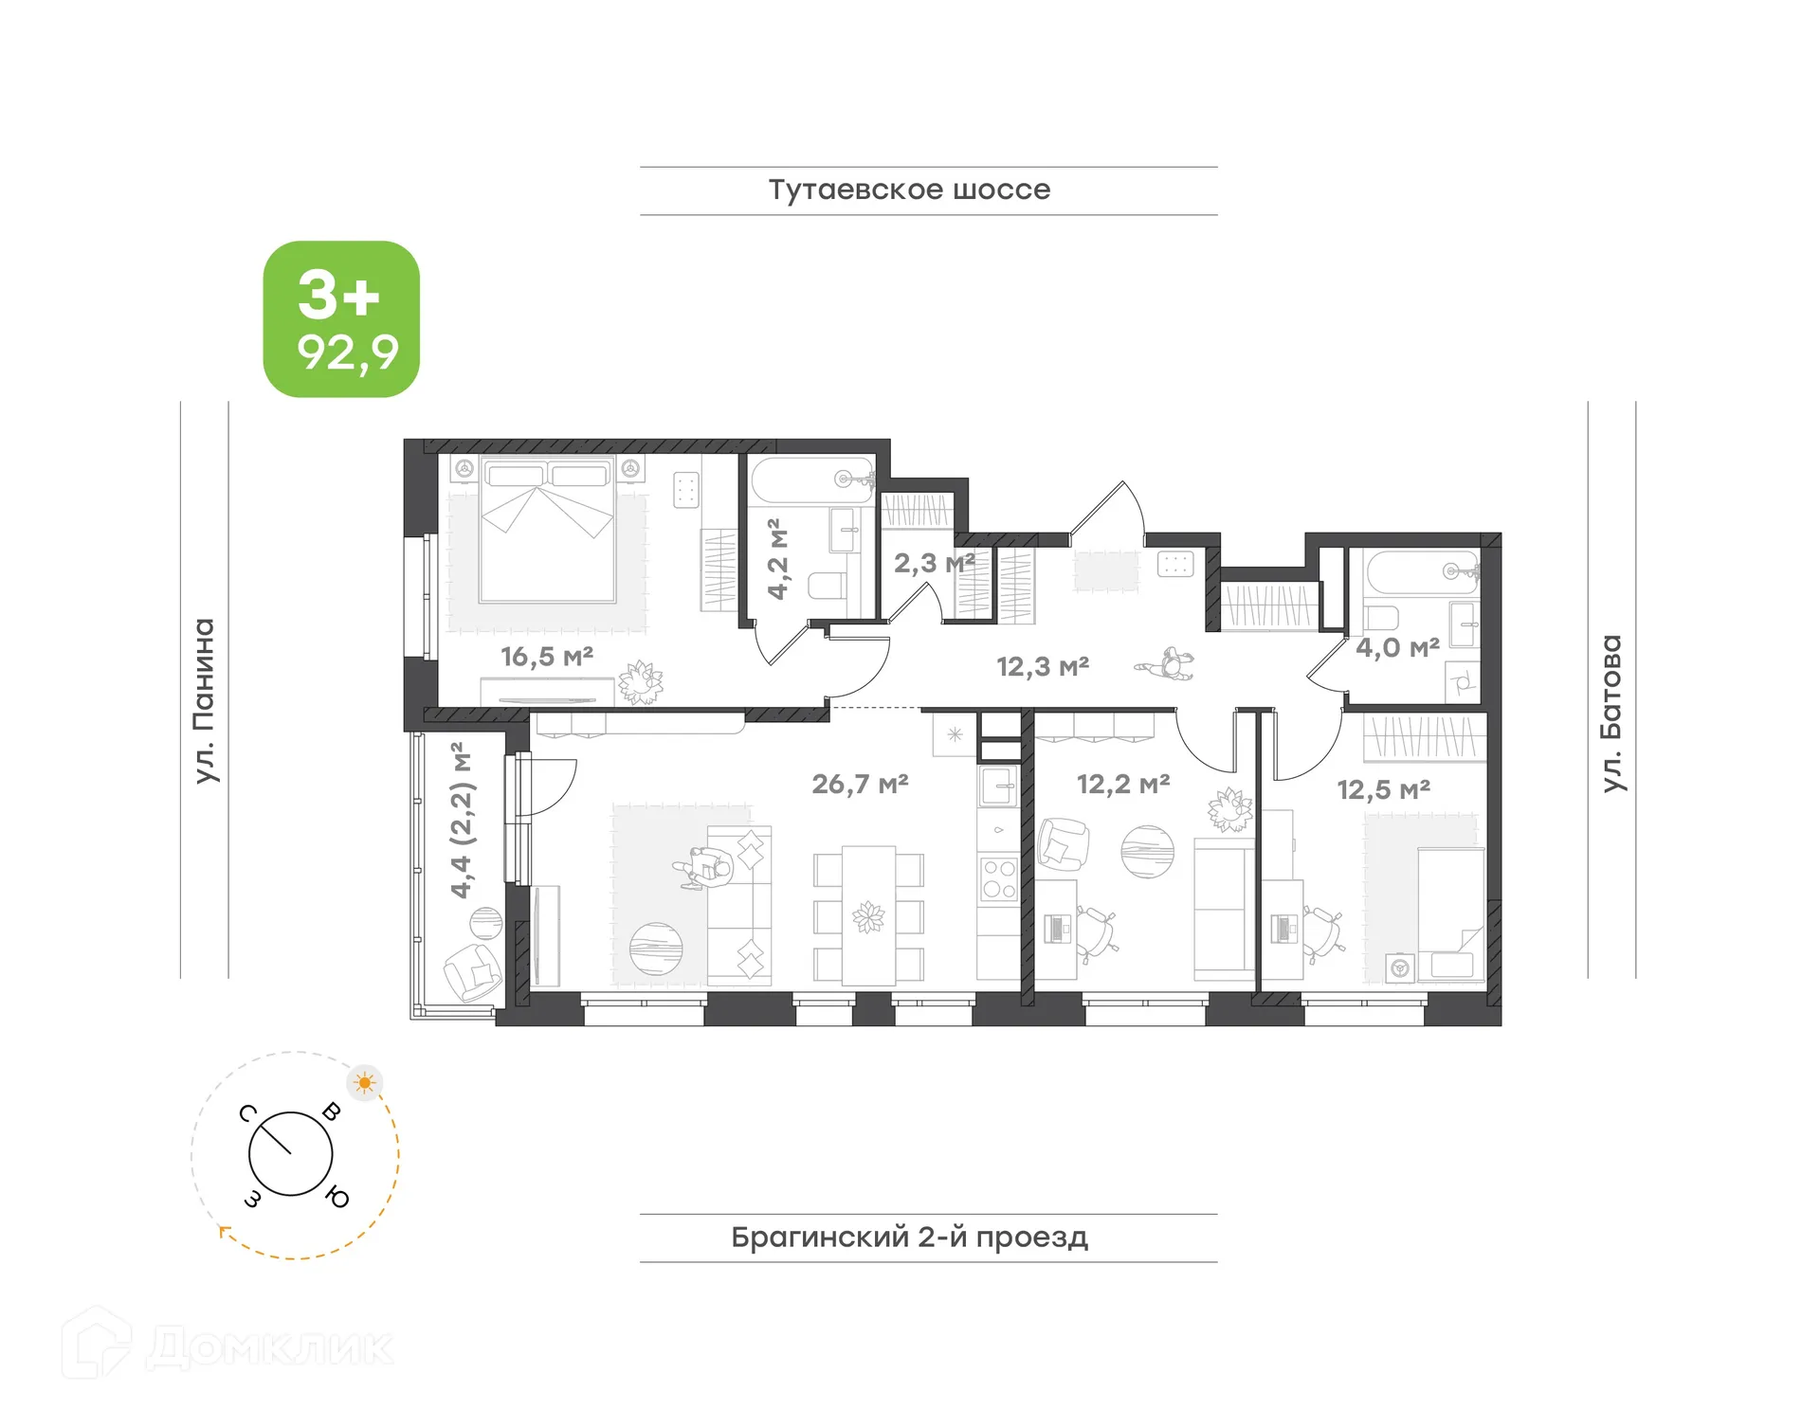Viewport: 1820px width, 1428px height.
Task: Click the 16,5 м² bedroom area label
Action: point(547,656)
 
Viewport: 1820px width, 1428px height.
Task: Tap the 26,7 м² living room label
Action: point(860,784)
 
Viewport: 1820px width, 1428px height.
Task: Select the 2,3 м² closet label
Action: point(934,563)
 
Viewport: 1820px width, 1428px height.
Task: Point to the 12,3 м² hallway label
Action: point(1043,666)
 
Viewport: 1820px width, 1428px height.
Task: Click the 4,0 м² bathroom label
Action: point(1397,648)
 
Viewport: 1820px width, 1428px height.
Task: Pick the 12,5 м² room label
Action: point(1383,789)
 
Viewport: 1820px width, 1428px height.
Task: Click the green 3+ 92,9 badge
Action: point(341,319)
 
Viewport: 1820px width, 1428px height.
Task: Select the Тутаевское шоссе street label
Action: point(909,190)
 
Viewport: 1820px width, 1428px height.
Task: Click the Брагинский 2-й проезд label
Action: point(909,1237)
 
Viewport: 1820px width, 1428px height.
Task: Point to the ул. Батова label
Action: point(1611,713)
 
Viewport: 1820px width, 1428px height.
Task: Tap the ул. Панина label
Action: point(205,701)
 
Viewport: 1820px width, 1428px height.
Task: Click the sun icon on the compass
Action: point(365,1082)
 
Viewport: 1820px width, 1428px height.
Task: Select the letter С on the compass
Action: point(248,1112)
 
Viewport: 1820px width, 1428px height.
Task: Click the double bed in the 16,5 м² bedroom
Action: point(547,531)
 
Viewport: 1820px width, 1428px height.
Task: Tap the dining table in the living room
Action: point(868,915)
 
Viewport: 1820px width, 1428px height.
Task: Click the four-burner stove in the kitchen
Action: point(999,878)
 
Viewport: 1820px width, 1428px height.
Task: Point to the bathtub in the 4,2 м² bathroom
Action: point(811,480)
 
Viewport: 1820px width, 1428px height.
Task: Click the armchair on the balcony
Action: point(472,971)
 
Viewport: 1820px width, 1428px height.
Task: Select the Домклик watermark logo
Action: point(227,1347)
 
